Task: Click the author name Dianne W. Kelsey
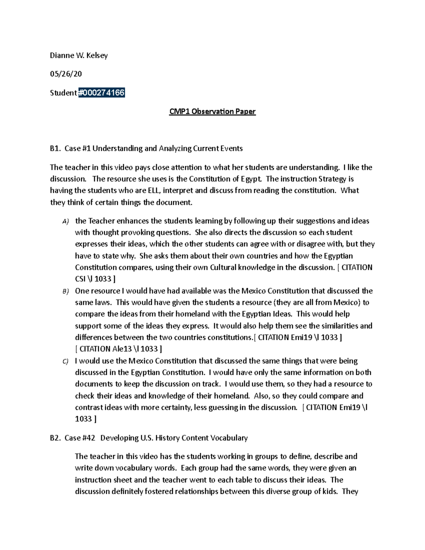point(79,55)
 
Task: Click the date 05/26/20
point(66,74)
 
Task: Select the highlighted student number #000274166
point(101,93)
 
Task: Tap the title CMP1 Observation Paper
point(212,112)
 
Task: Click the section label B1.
point(55,148)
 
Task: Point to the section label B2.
point(55,438)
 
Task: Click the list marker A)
point(65,222)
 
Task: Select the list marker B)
point(65,291)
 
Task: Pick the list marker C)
point(65,362)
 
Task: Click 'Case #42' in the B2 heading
point(80,438)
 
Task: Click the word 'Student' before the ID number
point(63,93)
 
